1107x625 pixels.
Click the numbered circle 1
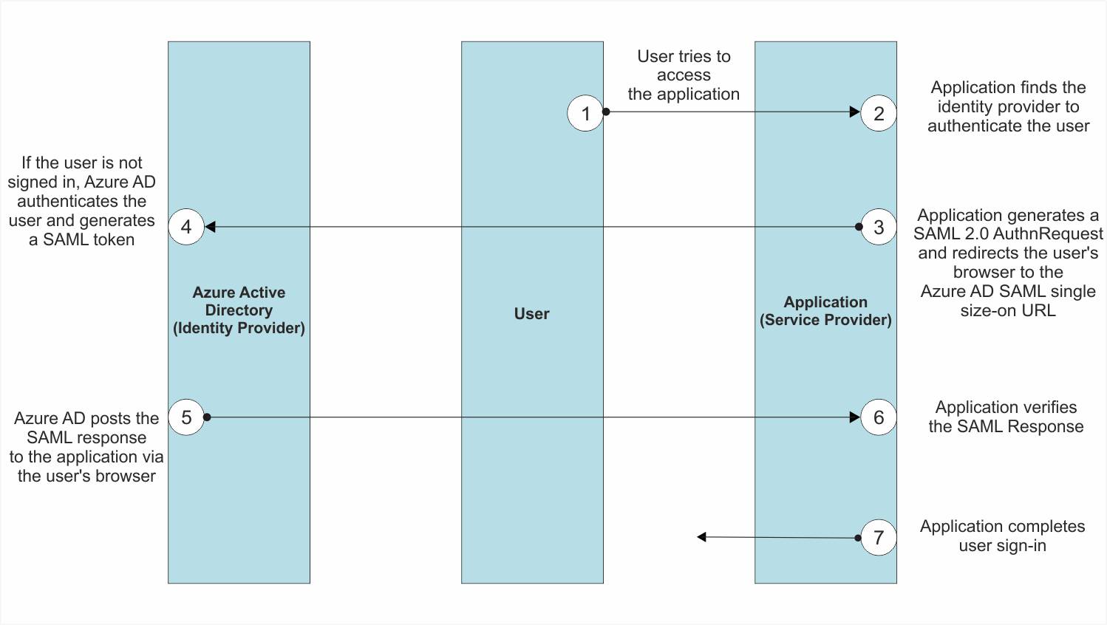coord(585,113)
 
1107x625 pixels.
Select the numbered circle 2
coord(879,113)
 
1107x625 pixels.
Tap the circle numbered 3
coord(879,227)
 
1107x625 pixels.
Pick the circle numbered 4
coord(186,227)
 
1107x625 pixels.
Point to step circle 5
coord(186,417)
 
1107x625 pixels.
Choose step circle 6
coord(879,417)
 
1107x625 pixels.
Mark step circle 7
coord(879,538)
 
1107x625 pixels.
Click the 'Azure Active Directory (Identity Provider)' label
coord(239,310)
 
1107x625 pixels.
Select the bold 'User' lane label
coord(532,314)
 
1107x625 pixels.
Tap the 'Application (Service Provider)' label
coord(825,311)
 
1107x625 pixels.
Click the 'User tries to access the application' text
coord(684,75)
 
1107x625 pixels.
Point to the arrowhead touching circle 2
coord(855,112)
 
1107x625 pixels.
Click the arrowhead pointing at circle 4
coord(210,227)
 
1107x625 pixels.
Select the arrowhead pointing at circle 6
coord(855,417)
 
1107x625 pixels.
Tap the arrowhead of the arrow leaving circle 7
coord(702,536)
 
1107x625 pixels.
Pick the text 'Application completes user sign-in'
coord(1002,536)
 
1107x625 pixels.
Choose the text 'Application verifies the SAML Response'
coord(1006,417)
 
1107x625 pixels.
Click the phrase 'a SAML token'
coord(81,239)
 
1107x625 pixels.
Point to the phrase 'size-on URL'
coord(1008,310)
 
